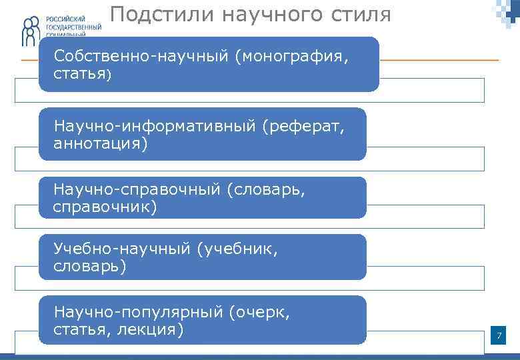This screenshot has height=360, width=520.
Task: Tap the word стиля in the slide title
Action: pyautogui.click(x=360, y=15)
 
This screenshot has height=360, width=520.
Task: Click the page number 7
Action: pyautogui.click(x=498, y=335)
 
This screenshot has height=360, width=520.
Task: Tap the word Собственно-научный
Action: pyautogui.click(x=141, y=57)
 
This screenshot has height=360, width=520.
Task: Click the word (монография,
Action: pyautogui.click(x=291, y=57)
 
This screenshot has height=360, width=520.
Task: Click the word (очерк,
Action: pyautogui.click(x=259, y=311)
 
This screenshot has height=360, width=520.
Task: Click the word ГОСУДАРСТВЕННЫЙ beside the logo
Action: pyautogui.click(x=74, y=27)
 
